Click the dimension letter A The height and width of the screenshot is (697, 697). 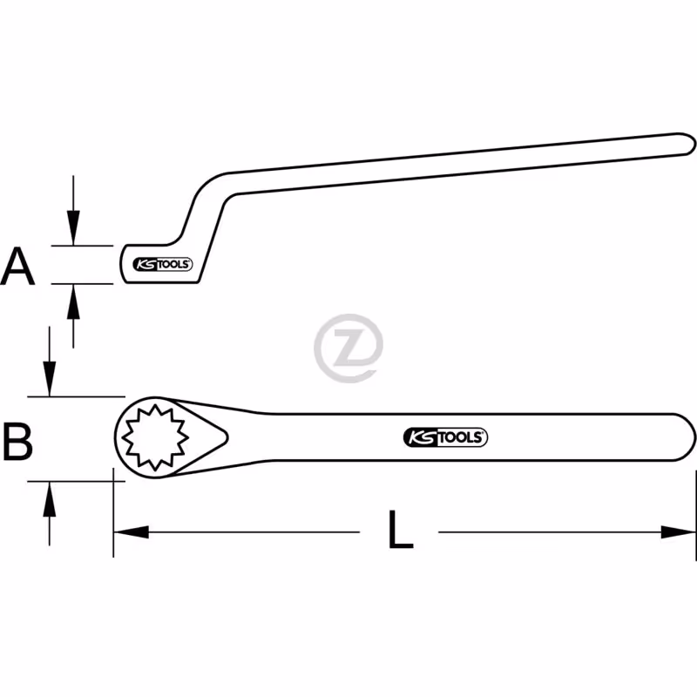tap(17, 266)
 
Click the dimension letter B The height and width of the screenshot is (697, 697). tap(17, 442)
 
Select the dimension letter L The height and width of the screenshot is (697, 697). tap(401, 530)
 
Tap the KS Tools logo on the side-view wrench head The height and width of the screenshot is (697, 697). tap(163, 264)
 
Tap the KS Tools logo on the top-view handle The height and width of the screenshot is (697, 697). tap(445, 437)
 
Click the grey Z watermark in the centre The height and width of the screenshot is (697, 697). tap(348, 348)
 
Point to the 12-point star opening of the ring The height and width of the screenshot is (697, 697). tap(155, 437)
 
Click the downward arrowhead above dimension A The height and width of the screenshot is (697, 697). tap(73, 227)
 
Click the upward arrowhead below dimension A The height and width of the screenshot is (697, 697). tap(73, 301)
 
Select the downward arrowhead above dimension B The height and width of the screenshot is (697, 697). tap(50, 379)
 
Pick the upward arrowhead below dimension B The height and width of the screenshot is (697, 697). tap(50, 498)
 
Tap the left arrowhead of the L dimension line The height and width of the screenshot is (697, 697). tap(132, 531)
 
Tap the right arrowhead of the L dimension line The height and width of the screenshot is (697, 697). tap(678, 531)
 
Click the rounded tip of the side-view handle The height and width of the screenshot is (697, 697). tap(690, 144)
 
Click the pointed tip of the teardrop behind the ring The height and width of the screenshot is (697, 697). tap(227, 437)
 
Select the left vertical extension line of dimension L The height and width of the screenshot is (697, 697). tap(113, 512)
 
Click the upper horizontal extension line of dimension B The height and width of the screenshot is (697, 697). tap(77, 396)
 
